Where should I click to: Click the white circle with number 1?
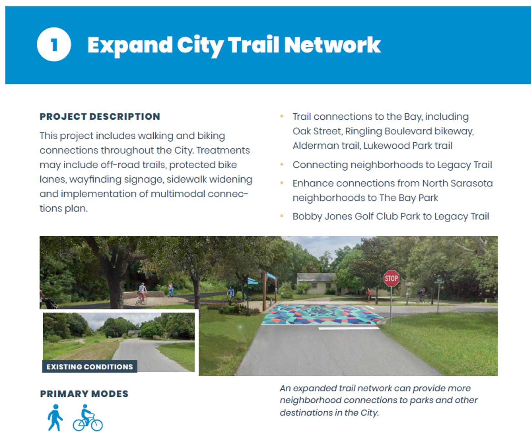tap(54, 44)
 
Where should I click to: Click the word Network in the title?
tap(332, 45)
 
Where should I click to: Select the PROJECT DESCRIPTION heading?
tap(100, 116)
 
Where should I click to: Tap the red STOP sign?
tap(391, 278)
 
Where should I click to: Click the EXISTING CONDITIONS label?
tap(90, 367)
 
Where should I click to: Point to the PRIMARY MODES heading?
tap(84, 394)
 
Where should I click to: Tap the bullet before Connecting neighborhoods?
tap(282, 165)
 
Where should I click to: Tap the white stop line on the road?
tap(349, 328)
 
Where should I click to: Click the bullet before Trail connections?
tap(282, 116)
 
